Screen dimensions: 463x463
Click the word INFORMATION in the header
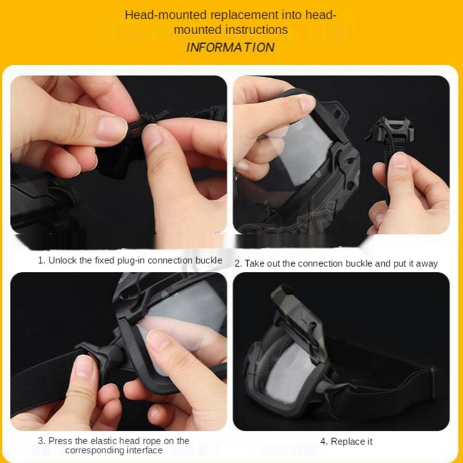click(x=230, y=47)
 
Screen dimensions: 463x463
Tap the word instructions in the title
click(x=257, y=30)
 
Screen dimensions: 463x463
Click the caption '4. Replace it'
click(x=346, y=441)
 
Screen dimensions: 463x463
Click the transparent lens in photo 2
click(x=296, y=153)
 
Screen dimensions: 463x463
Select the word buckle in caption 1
click(x=208, y=260)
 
